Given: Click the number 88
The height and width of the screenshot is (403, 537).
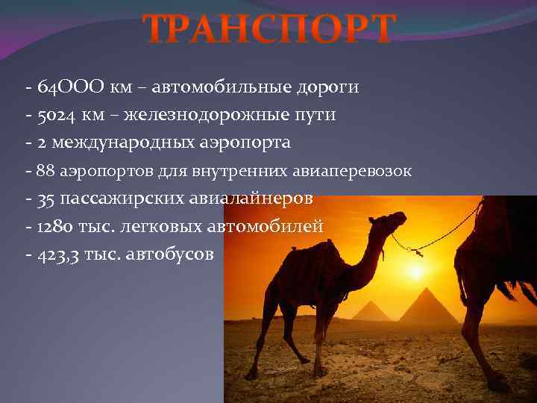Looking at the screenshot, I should coord(45,172).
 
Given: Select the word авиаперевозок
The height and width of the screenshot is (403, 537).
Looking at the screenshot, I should coord(358,172).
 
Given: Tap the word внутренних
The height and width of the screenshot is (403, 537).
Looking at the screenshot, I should coord(240,172).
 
